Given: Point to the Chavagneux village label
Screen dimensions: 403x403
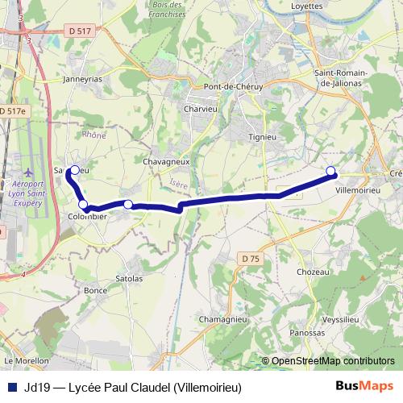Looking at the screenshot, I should point(166,161).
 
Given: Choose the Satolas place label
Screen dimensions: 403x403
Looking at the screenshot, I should point(129,279).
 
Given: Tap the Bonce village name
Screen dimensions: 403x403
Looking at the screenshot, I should point(95,290).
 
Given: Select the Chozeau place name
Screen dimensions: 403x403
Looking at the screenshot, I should point(313,272).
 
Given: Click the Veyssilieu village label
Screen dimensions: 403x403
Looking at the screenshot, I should point(339,319).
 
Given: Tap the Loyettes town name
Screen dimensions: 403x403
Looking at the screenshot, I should point(306,6).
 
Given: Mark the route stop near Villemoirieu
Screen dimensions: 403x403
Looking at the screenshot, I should point(330,170).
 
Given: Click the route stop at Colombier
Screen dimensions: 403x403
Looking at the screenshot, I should point(83,205).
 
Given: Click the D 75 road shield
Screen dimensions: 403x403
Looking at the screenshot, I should point(250,258).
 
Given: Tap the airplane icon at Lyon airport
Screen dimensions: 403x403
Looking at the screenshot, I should point(28,172).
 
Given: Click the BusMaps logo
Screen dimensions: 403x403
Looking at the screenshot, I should point(364,386).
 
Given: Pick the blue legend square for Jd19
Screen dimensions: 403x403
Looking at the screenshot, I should point(12,387).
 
